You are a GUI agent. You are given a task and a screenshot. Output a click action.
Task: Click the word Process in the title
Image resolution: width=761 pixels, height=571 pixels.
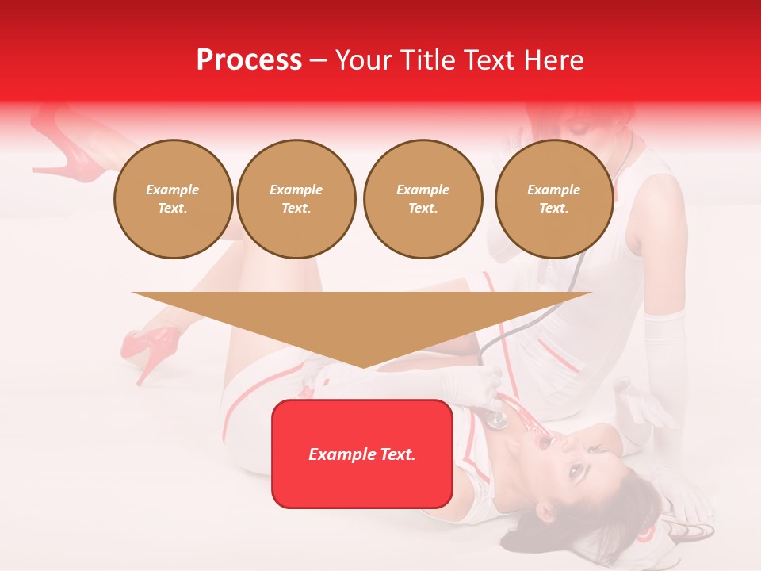point(249,60)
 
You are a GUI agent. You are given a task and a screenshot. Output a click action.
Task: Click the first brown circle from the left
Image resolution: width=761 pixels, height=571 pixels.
point(173,199)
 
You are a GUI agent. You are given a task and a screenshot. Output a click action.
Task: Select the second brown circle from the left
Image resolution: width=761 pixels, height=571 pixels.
point(296,199)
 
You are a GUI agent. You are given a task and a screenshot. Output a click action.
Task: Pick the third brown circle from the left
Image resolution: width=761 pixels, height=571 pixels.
point(423,199)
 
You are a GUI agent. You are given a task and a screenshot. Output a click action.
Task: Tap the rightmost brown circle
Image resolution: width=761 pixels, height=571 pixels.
point(553,199)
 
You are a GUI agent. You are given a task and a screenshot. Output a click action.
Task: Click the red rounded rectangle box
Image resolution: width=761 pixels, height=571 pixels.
point(361,454)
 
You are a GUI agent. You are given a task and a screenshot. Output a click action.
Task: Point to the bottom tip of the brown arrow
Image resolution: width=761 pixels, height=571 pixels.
point(362,367)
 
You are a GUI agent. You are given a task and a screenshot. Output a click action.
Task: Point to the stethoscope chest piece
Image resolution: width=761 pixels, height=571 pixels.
point(497,419)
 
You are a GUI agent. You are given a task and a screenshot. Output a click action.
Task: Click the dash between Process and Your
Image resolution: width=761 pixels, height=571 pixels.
point(318,60)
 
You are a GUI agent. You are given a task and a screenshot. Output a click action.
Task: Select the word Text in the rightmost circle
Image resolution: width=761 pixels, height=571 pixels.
point(553,209)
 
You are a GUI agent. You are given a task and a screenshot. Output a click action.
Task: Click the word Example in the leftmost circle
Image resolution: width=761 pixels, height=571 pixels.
point(173,190)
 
